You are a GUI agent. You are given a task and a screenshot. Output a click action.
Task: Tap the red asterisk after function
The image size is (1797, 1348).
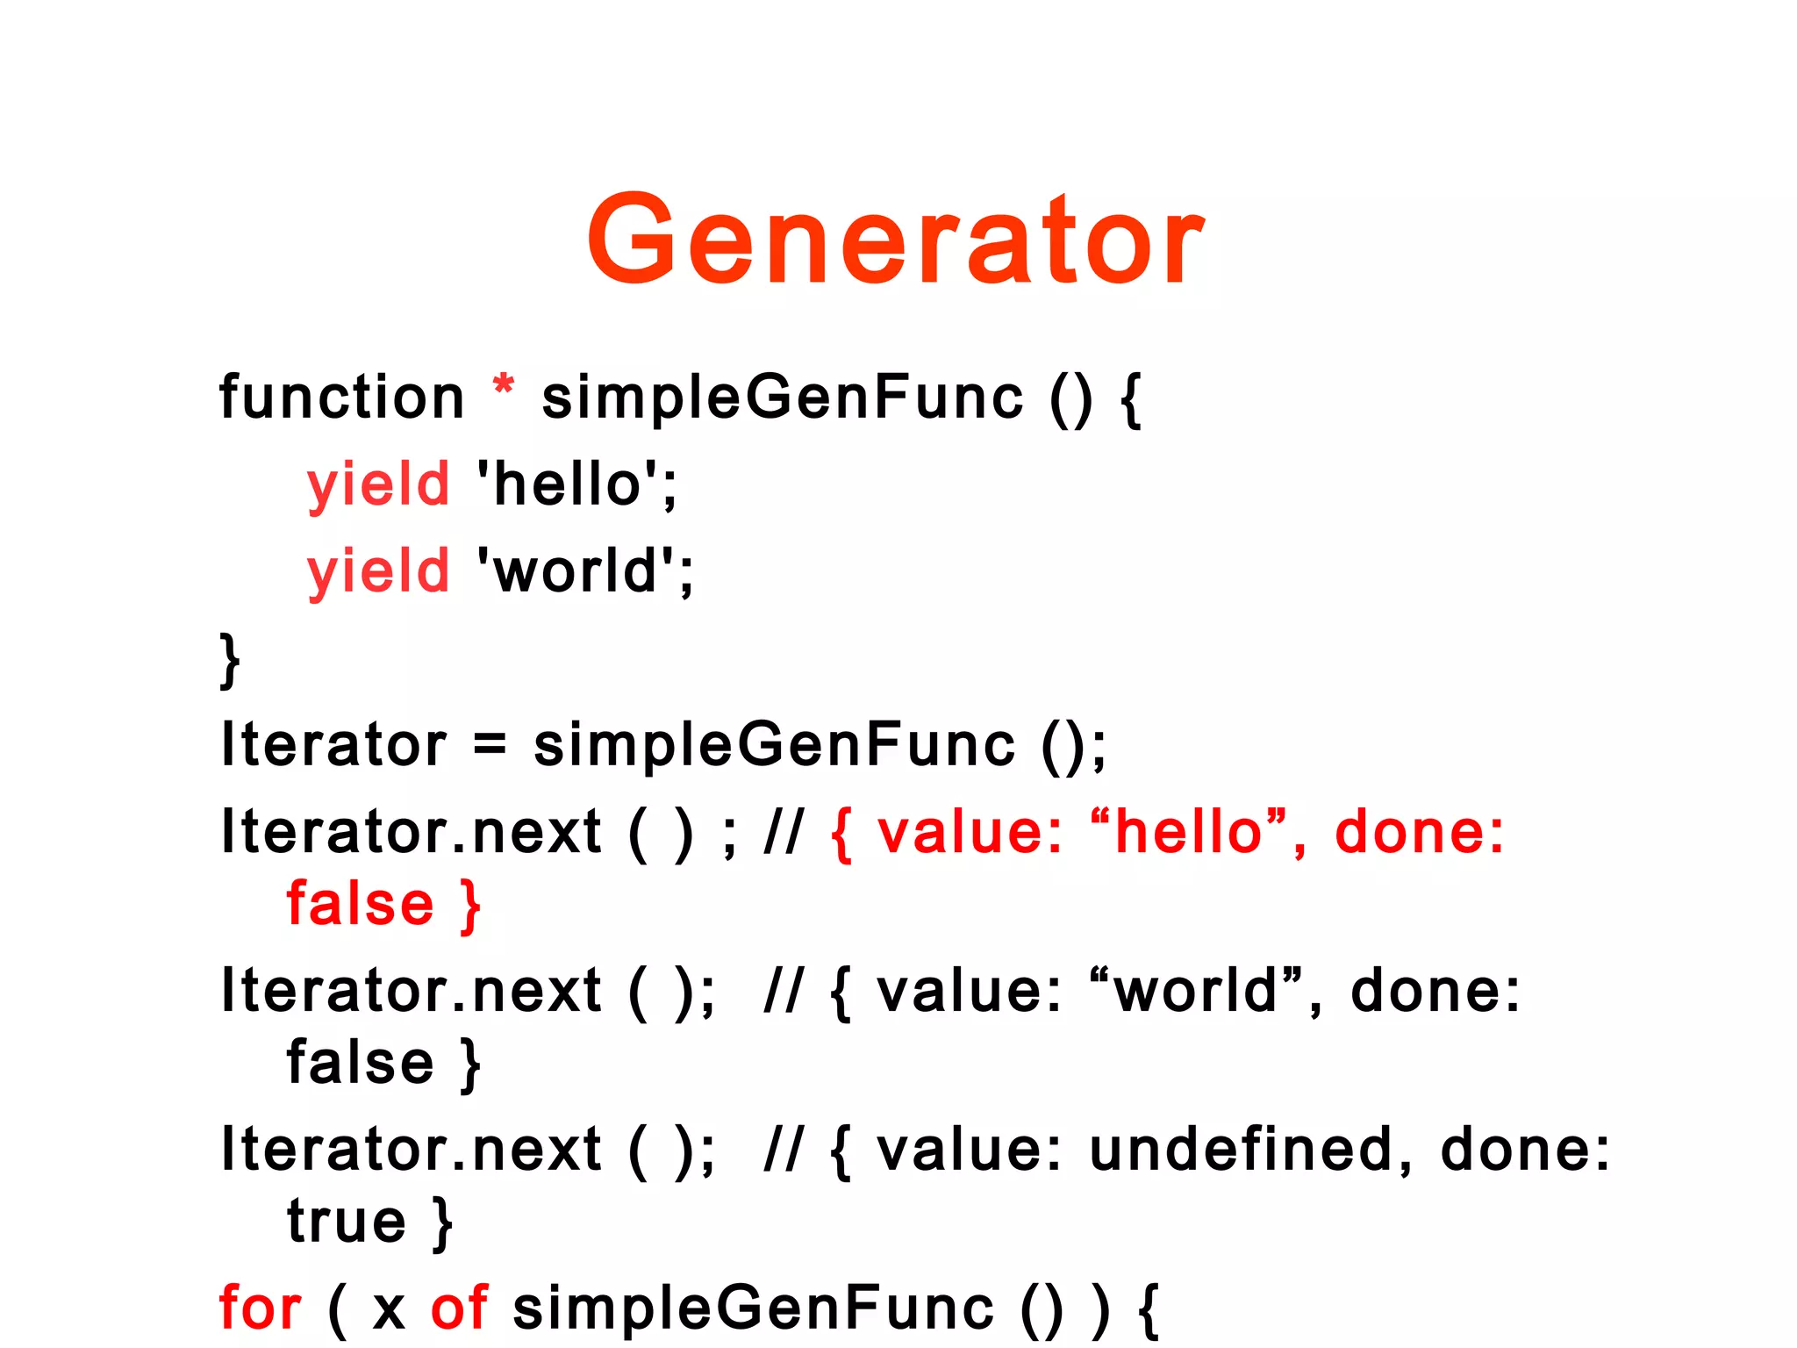pyautogui.click(x=503, y=386)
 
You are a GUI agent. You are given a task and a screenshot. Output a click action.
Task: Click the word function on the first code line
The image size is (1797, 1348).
pyautogui.click(x=341, y=398)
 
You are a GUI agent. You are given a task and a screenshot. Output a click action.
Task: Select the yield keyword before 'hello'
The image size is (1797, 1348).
pyautogui.click(x=378, y=484)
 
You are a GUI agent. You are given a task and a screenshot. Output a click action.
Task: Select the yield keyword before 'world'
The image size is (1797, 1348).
pyautogui.click(x=378, y=571)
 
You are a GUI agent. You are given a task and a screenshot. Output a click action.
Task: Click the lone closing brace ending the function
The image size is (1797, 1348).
pyautogui.click(x=230, y=659)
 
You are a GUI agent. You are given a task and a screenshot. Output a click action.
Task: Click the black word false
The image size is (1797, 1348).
pyautogui.click(x=361, y=1063)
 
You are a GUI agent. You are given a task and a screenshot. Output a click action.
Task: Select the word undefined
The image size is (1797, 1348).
pyautogui.click(x=1241, y=1150)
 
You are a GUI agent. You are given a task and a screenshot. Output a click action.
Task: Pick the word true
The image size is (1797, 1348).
pyautogui.click(x=347, y=1221)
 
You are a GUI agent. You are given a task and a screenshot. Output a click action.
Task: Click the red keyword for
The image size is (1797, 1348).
pyautogui.click(x=260, y=1308)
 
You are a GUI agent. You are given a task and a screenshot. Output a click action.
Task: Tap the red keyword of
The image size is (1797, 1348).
pyautogui.click(x=459, y=1308)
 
